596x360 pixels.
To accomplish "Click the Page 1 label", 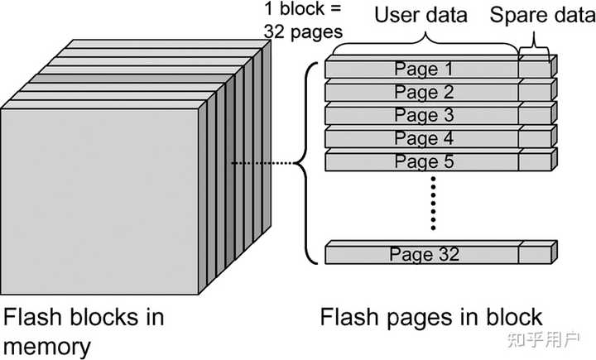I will pos(424,69).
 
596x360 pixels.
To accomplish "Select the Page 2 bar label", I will pos(424,92).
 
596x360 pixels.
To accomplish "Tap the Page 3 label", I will pos(424,115).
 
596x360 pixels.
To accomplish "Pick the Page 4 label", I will pos(424,138).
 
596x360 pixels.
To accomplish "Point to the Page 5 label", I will pos(424,161).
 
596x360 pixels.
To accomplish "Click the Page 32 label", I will pos(424,255).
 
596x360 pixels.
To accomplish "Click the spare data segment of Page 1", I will pos(535,70).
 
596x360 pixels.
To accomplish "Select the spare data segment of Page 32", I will pos(535,255).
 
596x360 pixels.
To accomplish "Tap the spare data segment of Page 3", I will pos(535,116).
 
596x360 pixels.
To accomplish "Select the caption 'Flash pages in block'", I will pos(431,317).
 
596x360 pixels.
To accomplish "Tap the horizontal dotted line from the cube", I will pos(262,164).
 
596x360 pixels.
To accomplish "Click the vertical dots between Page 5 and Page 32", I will pos(432,203).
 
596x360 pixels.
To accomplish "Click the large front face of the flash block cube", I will pos(99,199).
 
